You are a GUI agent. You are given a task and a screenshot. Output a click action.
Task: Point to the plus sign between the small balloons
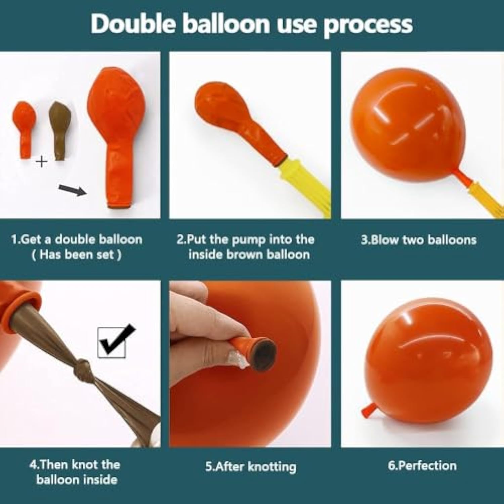click(x=41, y=162)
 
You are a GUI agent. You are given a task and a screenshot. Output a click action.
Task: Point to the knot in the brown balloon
click(x=83, y=366)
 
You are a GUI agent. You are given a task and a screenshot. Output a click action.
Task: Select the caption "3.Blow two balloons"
click(x=419, y=240)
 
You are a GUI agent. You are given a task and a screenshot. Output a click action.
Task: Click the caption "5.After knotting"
click(x=251, y=467)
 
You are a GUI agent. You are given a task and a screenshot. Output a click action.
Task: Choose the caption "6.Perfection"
click(x=422, y=465)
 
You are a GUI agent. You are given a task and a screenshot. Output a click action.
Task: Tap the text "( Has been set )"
click(x=76, y=254)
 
